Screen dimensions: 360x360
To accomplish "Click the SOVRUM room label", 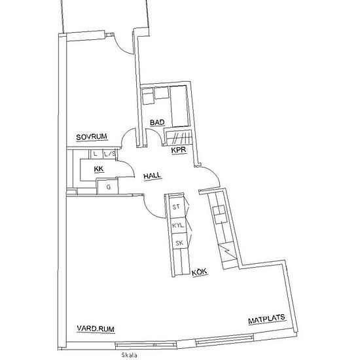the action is [92, 137].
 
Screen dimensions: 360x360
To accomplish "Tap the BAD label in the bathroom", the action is [157, 122].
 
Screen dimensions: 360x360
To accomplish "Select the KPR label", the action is [179, 150].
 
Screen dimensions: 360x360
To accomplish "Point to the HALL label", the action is [152, 176].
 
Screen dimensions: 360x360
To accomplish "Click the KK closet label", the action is [99, 169].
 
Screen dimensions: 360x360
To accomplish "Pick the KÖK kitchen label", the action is [199, 272].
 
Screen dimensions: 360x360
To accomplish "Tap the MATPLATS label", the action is [266, 319].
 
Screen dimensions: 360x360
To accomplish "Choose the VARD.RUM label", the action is [96, 329].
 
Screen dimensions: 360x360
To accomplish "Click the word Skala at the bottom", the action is [130, 355].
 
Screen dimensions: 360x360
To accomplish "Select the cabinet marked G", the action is [108, 187].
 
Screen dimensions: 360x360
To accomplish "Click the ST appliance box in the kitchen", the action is [178, 207].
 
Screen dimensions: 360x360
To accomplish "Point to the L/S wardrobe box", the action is [109, 154].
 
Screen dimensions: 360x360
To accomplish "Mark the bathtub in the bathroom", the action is [179, 106].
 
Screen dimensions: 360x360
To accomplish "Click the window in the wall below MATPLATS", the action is [225, 340].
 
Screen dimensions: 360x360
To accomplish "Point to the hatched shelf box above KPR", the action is [178, 138].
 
